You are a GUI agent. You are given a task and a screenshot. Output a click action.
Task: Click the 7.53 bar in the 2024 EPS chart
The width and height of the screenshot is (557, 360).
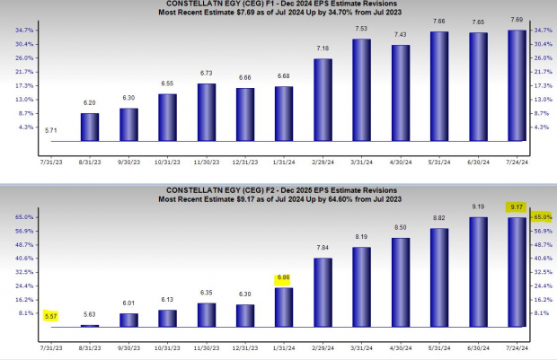[x=361, y=91]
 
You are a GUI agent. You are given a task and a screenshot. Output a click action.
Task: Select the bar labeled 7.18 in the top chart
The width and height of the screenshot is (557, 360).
[x=322, y=101]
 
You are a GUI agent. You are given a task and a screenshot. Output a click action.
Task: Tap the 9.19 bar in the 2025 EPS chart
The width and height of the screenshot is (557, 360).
[x=477, y=271]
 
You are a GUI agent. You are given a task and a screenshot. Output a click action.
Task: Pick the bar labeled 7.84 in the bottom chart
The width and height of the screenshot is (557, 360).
[x=322, y=292]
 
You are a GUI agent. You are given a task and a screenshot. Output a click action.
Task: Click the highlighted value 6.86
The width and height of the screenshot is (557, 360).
[x=283, y=279]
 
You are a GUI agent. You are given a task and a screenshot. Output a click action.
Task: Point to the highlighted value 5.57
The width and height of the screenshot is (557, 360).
[x=50, y=317]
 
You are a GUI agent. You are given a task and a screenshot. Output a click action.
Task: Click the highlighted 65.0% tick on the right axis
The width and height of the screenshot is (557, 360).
[x=543, y=217]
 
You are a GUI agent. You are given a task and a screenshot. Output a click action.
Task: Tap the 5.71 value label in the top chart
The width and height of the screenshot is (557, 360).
[x=50, y=131]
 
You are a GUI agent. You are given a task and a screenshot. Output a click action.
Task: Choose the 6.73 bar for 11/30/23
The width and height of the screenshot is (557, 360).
[x=206, y=113]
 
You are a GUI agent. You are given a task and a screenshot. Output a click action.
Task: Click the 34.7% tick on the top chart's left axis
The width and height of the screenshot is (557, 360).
[x=25, y=31]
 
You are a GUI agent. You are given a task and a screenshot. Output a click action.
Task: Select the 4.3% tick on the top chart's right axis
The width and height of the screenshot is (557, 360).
[x=543, y=127]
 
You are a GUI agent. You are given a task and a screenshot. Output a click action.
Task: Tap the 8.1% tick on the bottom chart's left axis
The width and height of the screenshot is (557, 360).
[x=25, y=313]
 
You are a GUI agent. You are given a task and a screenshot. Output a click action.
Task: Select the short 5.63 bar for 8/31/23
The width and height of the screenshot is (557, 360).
[x=90, y=325]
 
